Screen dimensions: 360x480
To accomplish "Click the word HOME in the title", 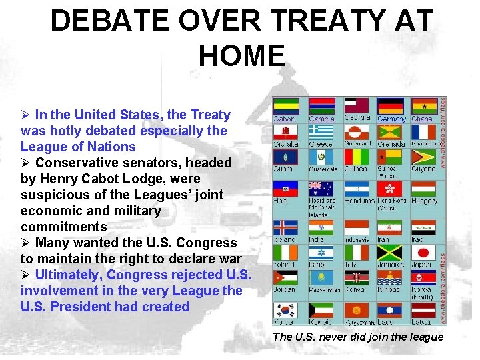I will pyautogui.click(x=241, y=55).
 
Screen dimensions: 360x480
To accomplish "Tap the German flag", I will pyautogui.click(x=390, y=106).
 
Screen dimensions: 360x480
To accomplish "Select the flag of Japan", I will pyautogui.click(x=424, y=253).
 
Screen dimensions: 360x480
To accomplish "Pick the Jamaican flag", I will pyautogui.click(x=390, y=253).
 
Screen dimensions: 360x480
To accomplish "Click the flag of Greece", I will pyautogui.click(x=321, y=131).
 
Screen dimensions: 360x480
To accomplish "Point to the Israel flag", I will pyautogui.click(x=321, y=253).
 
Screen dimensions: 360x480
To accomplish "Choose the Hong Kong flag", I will pyautogui.click(x=390, y=189).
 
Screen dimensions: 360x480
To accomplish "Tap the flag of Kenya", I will pyautogui.click(x=355, y=278).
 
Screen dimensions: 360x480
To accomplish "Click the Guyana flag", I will pyautogui.click(x=424, y=157).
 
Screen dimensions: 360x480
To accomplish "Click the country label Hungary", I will pyautogui.click(x=425, y=201).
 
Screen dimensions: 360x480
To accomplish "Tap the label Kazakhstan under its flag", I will pyautogui.click(x=325, y=290).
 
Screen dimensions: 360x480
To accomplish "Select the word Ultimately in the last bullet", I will pyautogui.click(x=69, y=275).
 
